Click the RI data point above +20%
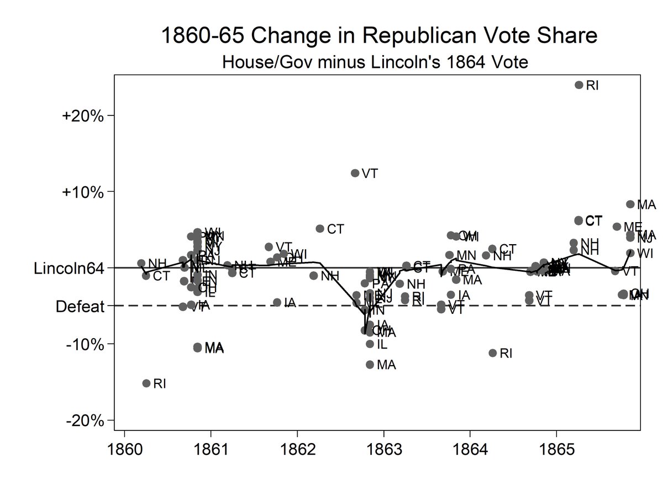tap(579, 85)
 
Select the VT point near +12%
tap(355, 173)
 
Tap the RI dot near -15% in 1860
tap(146, 383)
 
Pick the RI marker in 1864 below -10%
tap(493, 353)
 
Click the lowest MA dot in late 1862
tap(370, 364)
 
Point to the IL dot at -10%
tap(370, 344)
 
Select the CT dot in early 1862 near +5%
tap(320, 228)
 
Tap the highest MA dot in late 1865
tap(630, 204)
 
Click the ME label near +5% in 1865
tap(632, 227)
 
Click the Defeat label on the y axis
tap(80, 306)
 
